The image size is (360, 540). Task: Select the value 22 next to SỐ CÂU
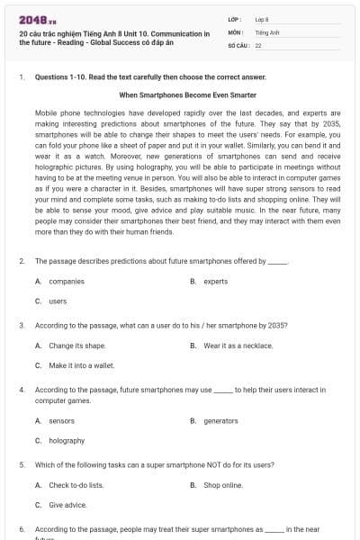coord(258,44)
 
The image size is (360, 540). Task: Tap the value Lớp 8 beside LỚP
coord(262,19)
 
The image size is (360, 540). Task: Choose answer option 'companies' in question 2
coord(67,281)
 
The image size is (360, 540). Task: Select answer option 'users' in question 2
coord(58,301)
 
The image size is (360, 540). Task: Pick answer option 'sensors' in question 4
coord(62,420)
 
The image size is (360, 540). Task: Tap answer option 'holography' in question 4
coord(67,440)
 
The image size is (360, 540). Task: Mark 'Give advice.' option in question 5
coord(67,504)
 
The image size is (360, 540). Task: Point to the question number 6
coord(22,528)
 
